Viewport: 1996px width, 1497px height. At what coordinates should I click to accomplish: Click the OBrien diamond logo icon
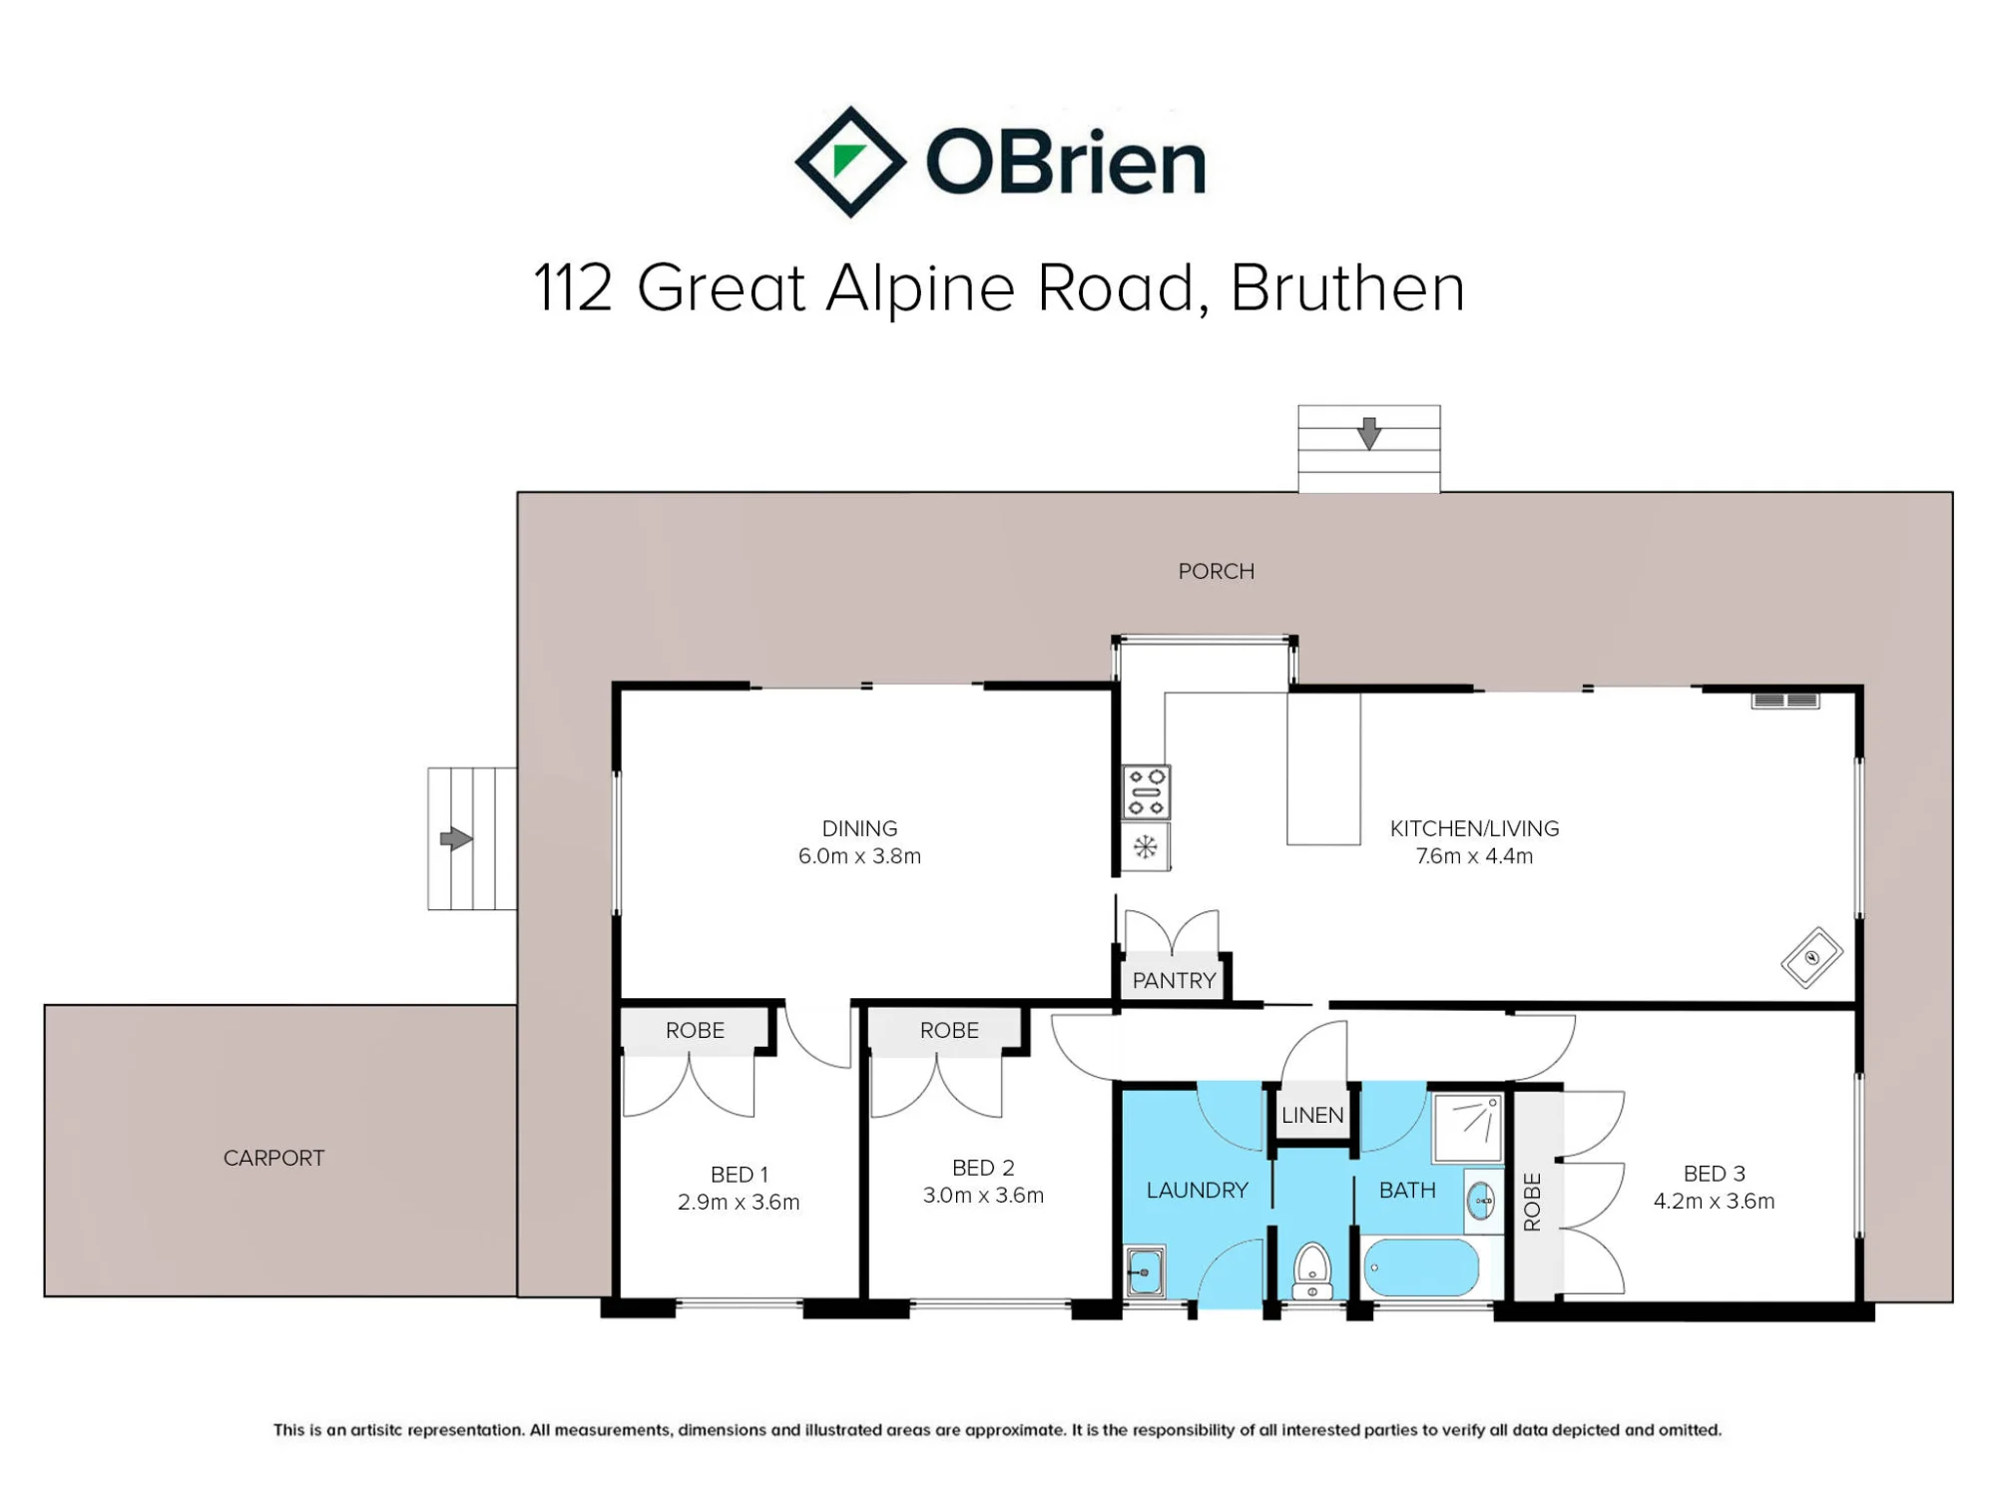pyautogui.click(x=850, y=162)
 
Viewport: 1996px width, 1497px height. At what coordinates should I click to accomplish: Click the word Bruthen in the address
pyautogui.click(x=1347, y=288)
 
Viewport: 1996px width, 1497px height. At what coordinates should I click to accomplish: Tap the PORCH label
pyautogui.click(x=1216, y=571)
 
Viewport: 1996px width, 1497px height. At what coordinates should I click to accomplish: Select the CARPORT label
pyautogui.click(x=273, y=1158)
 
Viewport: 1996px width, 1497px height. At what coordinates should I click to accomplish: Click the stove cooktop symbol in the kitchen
pyautogui.click(x=1146, y=791)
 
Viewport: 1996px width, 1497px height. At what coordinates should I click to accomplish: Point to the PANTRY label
pyautogui.click(x=1174, y=980)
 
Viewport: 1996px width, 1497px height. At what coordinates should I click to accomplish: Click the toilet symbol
pyautogui.click(x=1311, y=1270)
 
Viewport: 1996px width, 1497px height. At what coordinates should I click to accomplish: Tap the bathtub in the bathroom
pyautogui.click(x=1421, y=1267)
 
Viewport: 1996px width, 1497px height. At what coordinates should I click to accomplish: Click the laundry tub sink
pyautogui.click(x=1145, y=1271)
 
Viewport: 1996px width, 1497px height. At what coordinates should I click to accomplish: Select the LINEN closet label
pyautogui.click(x=1312, y=1115)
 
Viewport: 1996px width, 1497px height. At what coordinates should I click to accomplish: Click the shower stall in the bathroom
pyautogui.click(x=1467, y=1128)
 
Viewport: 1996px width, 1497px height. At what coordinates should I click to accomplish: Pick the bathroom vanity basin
pyautogui.click(x=1483, y=1201)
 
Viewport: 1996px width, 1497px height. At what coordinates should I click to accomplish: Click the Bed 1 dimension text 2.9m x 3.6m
pyautogui.click(x=739, y=1202)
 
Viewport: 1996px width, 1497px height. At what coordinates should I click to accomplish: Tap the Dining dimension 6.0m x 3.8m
pyautogui.click(x=859, y=856)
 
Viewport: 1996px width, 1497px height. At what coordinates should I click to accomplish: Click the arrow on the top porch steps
pyautogui.click(x=1369, y=433)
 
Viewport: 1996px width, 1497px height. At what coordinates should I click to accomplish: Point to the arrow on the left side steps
pyautogui.click(x=456, y=838)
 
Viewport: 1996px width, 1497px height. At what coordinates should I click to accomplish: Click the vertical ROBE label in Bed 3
pyautogui.click(x=1533, y=1202)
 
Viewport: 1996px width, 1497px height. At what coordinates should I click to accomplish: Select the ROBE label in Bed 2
pyautogui.click(x=949, y=1030)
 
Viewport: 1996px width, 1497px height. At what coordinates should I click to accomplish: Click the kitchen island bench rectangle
pyautogui.click(x=1323, y=769)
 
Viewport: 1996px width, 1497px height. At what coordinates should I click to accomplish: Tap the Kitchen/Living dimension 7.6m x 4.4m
pyautogui.click(x=1474, y=856)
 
